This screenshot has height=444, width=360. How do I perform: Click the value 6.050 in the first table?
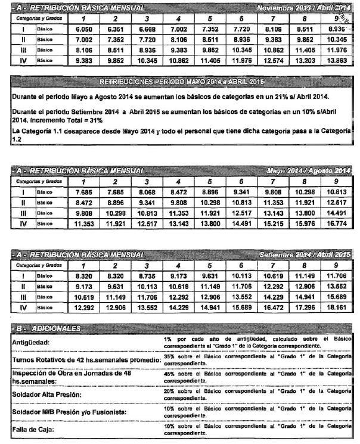[82, 27]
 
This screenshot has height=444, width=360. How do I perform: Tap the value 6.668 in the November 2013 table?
[147, 27]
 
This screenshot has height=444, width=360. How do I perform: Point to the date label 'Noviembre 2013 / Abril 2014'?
[303, 8]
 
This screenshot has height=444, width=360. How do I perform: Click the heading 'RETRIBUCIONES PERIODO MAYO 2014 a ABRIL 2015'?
[182, 80]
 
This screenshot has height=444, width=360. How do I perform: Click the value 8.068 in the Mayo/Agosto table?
[147, 192]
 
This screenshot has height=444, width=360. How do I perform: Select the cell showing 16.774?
[336, 225]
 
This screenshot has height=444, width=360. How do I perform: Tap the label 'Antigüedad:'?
[32, 343]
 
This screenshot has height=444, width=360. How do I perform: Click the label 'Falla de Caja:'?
[35, 429]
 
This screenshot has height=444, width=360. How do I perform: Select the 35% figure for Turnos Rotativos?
[169, 355]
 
